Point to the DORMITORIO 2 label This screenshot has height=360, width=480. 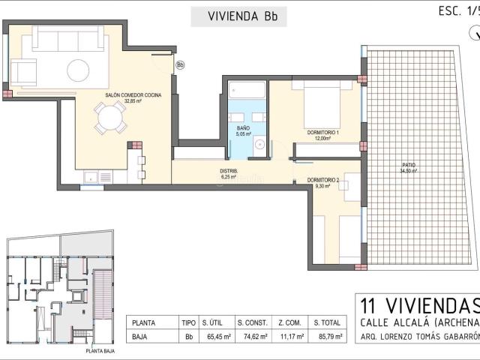point(323,181)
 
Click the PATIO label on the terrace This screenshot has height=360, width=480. point(409,166)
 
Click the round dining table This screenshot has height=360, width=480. point(111,117)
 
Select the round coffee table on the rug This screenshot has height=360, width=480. point(79,70)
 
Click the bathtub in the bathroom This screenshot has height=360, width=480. point(247,91)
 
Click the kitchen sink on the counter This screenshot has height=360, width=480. point(89,178)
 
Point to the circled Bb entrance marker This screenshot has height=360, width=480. point(180,65)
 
